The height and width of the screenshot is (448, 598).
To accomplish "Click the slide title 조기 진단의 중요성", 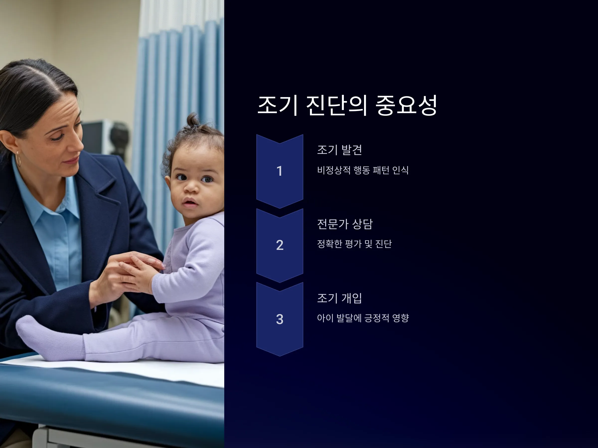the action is point(347,105).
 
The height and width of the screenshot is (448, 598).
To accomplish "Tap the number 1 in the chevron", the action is point(280,171).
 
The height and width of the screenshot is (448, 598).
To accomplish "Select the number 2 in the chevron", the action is point(280,245).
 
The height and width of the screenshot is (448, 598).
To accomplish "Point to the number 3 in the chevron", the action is point(280,319).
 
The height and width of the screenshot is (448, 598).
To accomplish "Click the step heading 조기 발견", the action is point(340,150).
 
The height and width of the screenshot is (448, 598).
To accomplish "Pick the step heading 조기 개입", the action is point(340,298).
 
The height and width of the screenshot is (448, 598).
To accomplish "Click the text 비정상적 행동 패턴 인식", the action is point(363,170).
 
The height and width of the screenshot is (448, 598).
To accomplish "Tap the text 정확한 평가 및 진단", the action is point(354,244).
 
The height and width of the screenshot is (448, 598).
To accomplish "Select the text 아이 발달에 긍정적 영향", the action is point(363,318).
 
